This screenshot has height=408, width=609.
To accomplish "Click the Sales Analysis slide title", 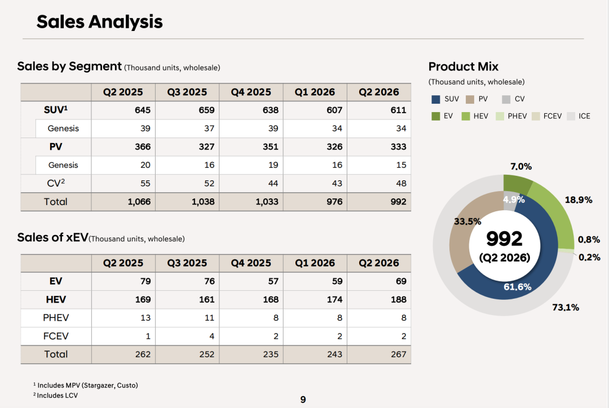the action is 99,22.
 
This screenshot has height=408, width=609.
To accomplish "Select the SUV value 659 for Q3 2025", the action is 206,110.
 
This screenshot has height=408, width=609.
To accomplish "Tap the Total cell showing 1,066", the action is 139,202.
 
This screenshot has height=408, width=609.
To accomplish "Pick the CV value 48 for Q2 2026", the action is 401,183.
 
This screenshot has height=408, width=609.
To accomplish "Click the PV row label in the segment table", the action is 55,147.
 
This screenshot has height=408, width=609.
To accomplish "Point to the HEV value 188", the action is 399,300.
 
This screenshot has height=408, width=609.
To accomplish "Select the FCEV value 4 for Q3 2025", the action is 211,336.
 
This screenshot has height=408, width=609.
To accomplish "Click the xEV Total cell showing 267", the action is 399,354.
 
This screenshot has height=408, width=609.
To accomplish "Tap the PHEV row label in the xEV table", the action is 55,318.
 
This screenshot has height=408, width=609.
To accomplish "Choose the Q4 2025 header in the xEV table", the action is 251,263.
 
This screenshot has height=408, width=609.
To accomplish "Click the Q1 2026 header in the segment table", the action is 315,92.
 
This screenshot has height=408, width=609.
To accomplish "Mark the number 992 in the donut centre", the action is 504,239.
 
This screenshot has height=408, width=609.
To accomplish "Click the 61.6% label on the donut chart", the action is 517,287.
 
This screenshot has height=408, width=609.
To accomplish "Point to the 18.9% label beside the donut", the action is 579,200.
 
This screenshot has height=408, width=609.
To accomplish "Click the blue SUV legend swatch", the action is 436,99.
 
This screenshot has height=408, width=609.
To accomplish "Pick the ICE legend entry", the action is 579,116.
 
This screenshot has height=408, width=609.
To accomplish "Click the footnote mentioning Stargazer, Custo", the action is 86,385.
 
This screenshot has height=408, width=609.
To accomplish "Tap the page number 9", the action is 303,400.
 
